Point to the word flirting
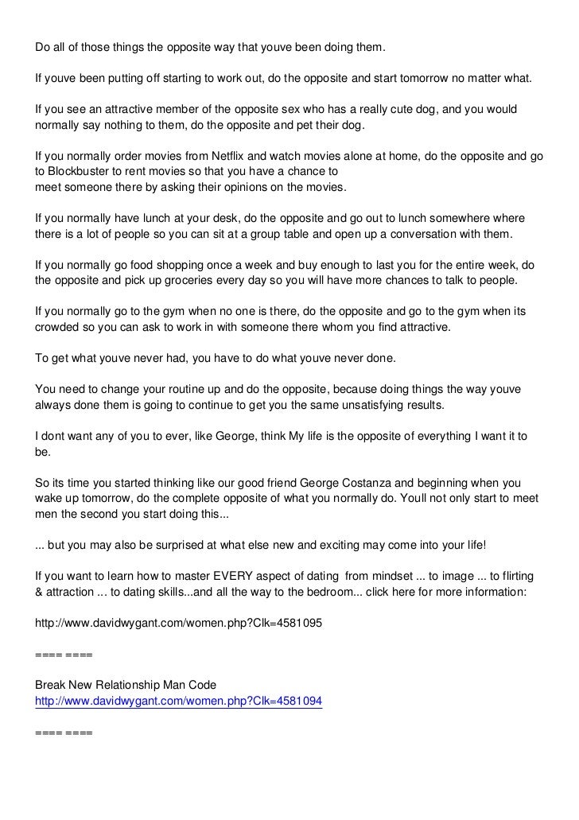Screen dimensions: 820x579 pos(513,574)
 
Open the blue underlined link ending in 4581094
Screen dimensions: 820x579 pos(179,701)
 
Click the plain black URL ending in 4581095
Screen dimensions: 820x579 pos(179,624)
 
